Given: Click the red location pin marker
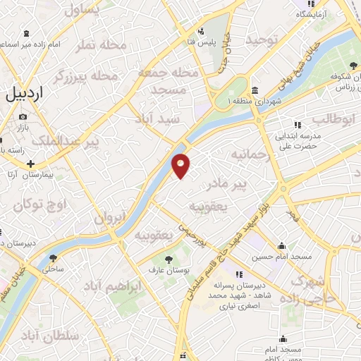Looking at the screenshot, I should pyautogui.click(x=181, y=165).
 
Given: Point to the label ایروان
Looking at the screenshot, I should pyautogui.click(x=110, y=218).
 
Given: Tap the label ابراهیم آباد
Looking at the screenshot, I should pyautogui.click(x=113, y=286).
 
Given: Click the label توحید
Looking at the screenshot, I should pyautogui.click(x=263, y=40).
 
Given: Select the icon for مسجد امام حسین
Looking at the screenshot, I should pyautogui.click(x=282, y=247).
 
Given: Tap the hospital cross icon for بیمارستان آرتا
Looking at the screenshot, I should pyautogui.click(x=30, y=164).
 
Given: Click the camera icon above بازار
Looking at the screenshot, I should pyautogui.click(x=23, y=116).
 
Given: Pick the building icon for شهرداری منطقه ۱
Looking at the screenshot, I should pyautogui.click(x=254, y=90).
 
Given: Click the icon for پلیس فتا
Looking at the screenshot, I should pyautogui.click(x=201, y=31).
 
